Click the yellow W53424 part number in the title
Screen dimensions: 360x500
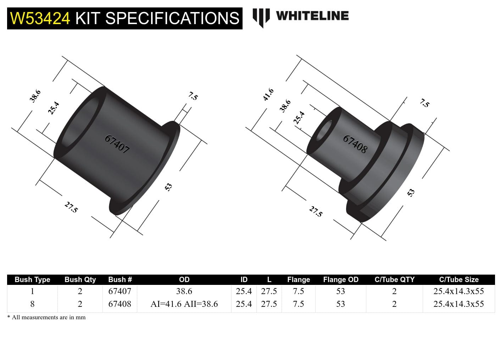coord(40,18)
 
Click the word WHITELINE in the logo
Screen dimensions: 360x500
coord(312,16)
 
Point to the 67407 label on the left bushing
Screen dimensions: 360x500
coord(117,144)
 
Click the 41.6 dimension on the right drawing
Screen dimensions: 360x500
coord(268,95)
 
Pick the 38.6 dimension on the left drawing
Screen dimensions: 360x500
coord(35,96)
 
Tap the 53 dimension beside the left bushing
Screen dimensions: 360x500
coord(168,187)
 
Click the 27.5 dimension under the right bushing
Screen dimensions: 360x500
coord(316,212)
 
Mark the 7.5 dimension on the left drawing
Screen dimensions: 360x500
coord(193,96)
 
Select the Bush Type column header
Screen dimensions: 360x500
coord(32,280)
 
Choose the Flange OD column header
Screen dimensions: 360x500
coord(340,280)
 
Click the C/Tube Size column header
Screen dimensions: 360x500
coord(459,280)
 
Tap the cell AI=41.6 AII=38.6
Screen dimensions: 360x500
coord(184,304)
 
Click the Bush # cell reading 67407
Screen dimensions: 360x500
coord(120,291)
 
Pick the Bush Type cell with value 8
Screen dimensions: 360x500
coord(32,304)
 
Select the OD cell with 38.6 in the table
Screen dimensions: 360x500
coord(184,291)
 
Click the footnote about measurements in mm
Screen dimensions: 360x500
coord(46,317)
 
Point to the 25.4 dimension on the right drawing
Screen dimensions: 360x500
coord(299,117)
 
